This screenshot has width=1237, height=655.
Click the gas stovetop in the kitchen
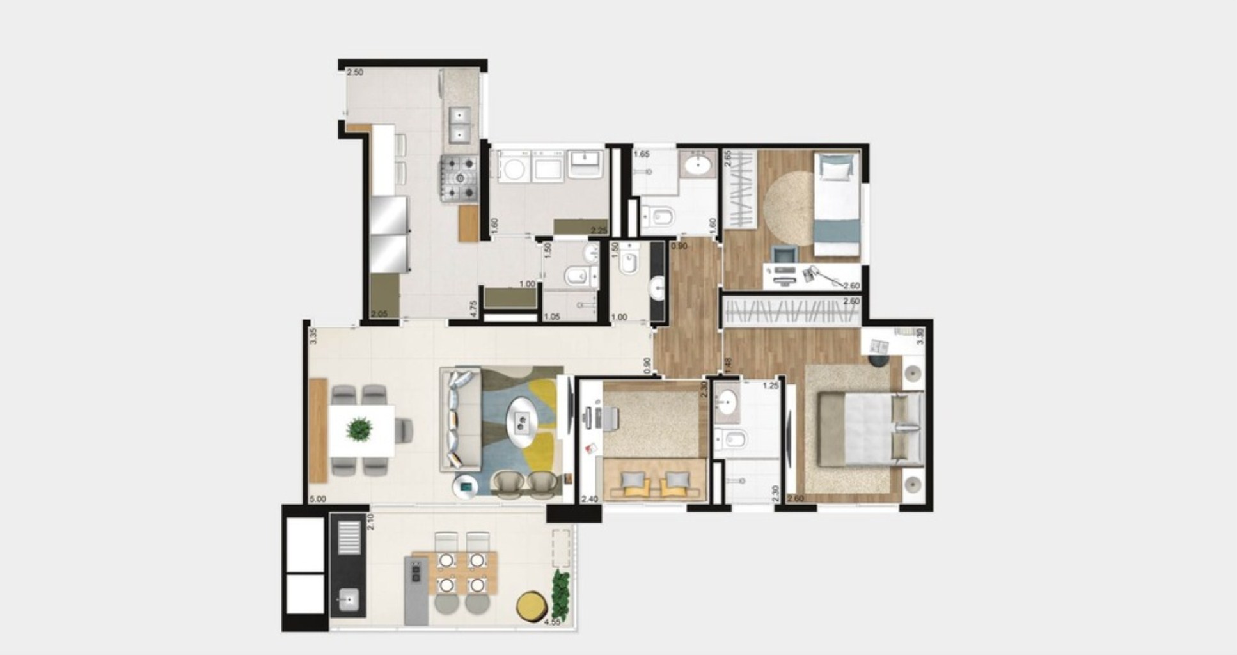(x=459, y=180)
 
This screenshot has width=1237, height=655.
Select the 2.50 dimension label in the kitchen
(x=355, y=73)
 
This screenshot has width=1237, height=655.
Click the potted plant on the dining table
(x=359, y=428)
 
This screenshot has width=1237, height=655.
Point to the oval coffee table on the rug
(x=524, y=423)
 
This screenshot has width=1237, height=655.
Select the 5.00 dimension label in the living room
(x=317, y=499)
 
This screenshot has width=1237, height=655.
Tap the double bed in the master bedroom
(x=870, y=427)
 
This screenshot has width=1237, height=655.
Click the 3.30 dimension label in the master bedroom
(x=920, y=336)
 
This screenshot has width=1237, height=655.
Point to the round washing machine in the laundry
(x=513, y=170)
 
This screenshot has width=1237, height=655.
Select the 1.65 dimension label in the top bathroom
(x=642, y=154)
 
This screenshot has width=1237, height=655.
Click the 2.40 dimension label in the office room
(x=589, y=499)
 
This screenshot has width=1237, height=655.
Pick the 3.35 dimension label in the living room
(x=313, y=336)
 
